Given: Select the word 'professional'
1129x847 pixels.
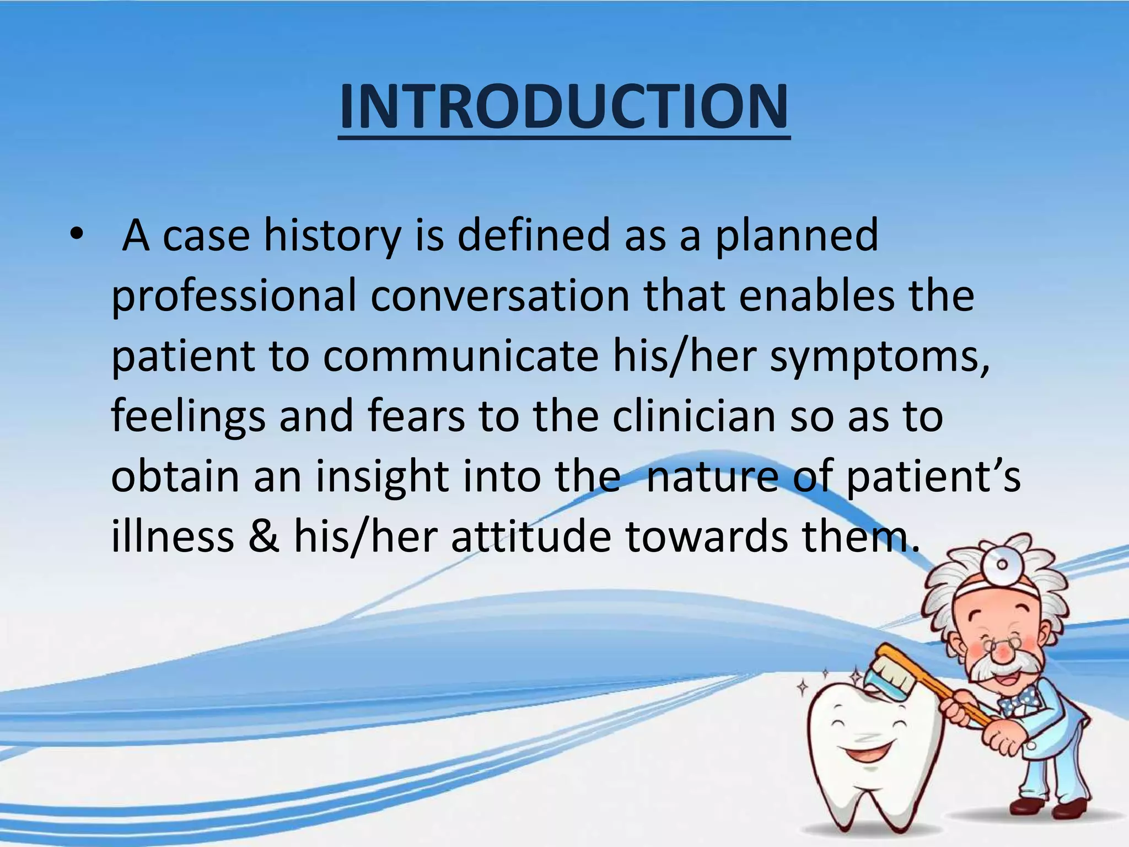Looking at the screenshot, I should click(234, 297).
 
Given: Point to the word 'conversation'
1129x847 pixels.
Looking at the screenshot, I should click(499, 296).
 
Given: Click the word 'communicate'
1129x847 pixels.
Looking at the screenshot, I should click(460, 356).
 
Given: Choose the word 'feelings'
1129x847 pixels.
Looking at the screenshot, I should click(188, 417).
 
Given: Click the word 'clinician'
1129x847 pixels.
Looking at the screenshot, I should click(693, 416).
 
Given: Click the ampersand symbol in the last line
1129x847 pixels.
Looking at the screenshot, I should click(263, 537).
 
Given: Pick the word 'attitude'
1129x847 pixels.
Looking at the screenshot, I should click(531, 537).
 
